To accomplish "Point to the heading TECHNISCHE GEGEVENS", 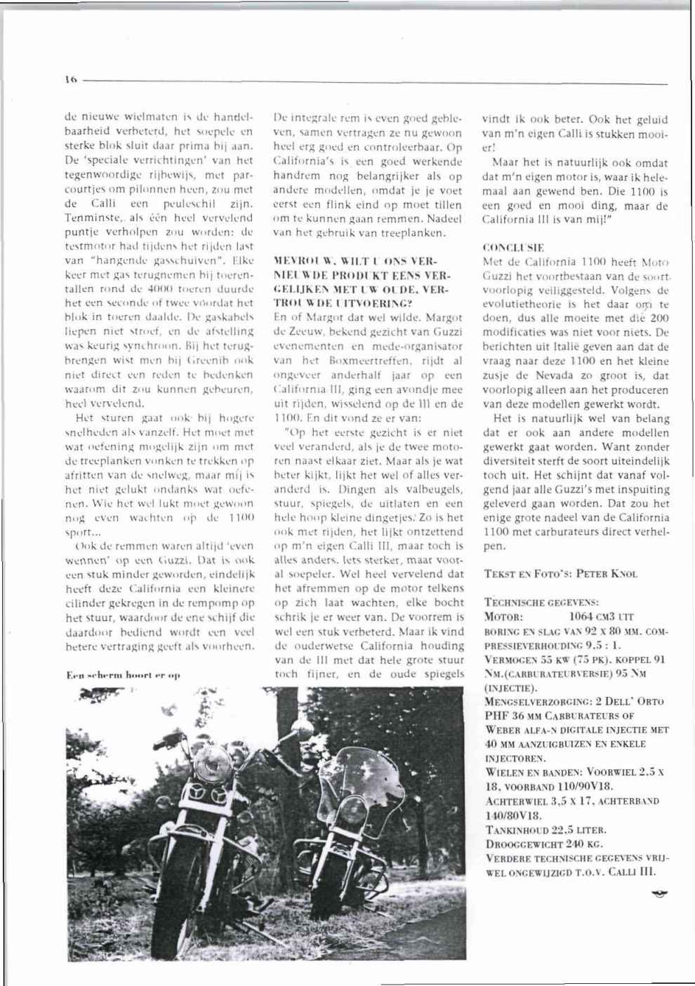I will point(541,602).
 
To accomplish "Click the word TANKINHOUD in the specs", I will point(515,829).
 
